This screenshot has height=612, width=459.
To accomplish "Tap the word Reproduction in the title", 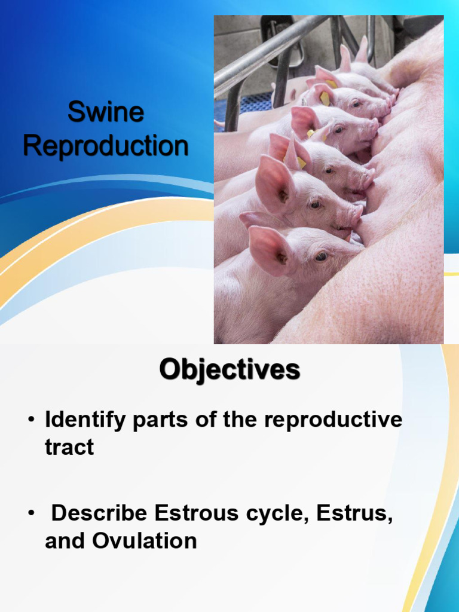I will pos(106,145).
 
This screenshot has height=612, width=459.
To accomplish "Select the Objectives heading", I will pos(229,370).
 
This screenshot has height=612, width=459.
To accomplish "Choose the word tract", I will pos(69,446).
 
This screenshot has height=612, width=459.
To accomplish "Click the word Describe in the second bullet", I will pos(99,513).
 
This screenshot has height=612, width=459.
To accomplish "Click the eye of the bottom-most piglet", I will pos(321,256).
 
